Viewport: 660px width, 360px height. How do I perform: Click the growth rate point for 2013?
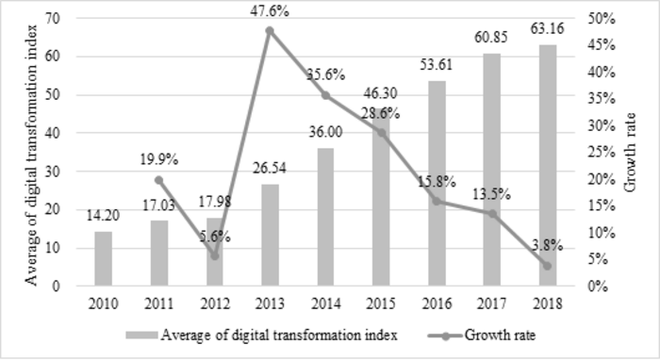tap(270, 31)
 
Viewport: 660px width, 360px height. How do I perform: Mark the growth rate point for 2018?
tap(547, 266)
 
